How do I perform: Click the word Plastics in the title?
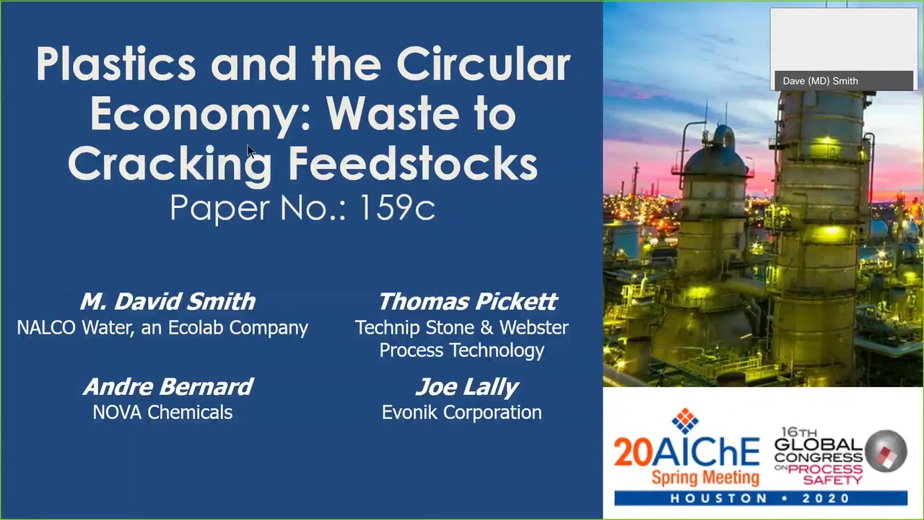pyautogui.click(x=116, y=64)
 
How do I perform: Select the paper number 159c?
pyautogui.click(x=397, y=207)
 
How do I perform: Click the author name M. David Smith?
pyautogui.click(x=167, y=301)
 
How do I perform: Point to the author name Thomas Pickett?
pyautogui.click(x=468, y=301)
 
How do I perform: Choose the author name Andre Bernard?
pyautogui.click(x=168, y=386)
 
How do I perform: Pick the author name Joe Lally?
pyautogui.click(x=467, y=387)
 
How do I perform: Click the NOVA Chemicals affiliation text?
pyautogui.click(x=162, y=412)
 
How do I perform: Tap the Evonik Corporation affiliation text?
pyautogui.click(x=461, y=412)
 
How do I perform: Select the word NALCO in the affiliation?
pyautogui.click(x=46, y=328)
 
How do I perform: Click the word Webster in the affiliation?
pyautogui.click(x=533, y=328)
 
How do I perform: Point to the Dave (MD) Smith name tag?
pyautogui.click(x=820, y=81)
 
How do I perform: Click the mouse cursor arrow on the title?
pyautogui.click(x=251, y=151)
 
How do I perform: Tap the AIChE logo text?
pyautogui.click(x=706, y=452)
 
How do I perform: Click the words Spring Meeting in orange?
pyautogui.click(x=705, y=477)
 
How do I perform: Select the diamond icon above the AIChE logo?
pyautogui.click(x=685, y=421)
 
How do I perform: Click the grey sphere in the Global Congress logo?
pyautogui.click(x=886, y=451)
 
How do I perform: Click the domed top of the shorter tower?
pyautogui.click(x=715, y=160)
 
